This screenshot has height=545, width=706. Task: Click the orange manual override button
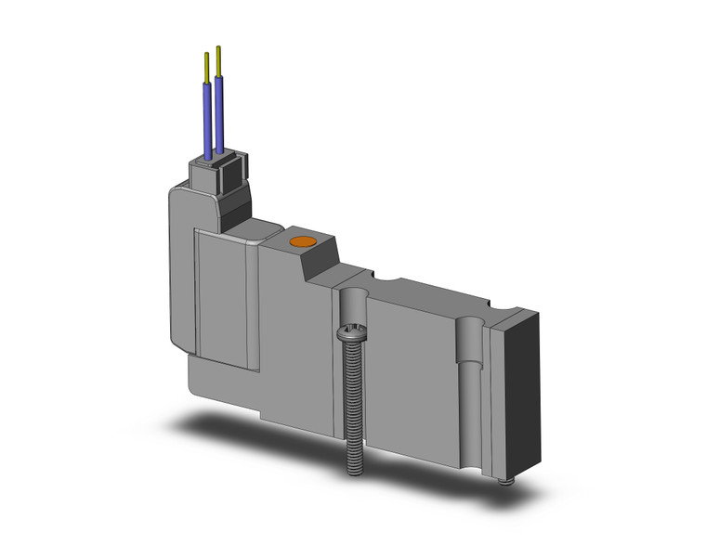tap(300, 244)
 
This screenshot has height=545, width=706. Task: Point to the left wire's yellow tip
tap(206, 67)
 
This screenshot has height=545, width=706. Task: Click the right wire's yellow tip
tap(218, 58)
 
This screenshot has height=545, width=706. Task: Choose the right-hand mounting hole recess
tap(472, 348)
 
